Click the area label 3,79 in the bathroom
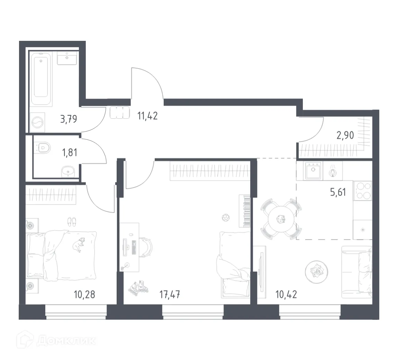(x=68, y=119)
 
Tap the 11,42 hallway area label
(x=147, y=116)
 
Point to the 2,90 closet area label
(x=345, y=135)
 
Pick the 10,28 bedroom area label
(x=84, y=295)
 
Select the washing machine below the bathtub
(x=37, y=123)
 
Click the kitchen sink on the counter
(x=314, y=170)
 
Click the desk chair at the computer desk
(x=147, y=247)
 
